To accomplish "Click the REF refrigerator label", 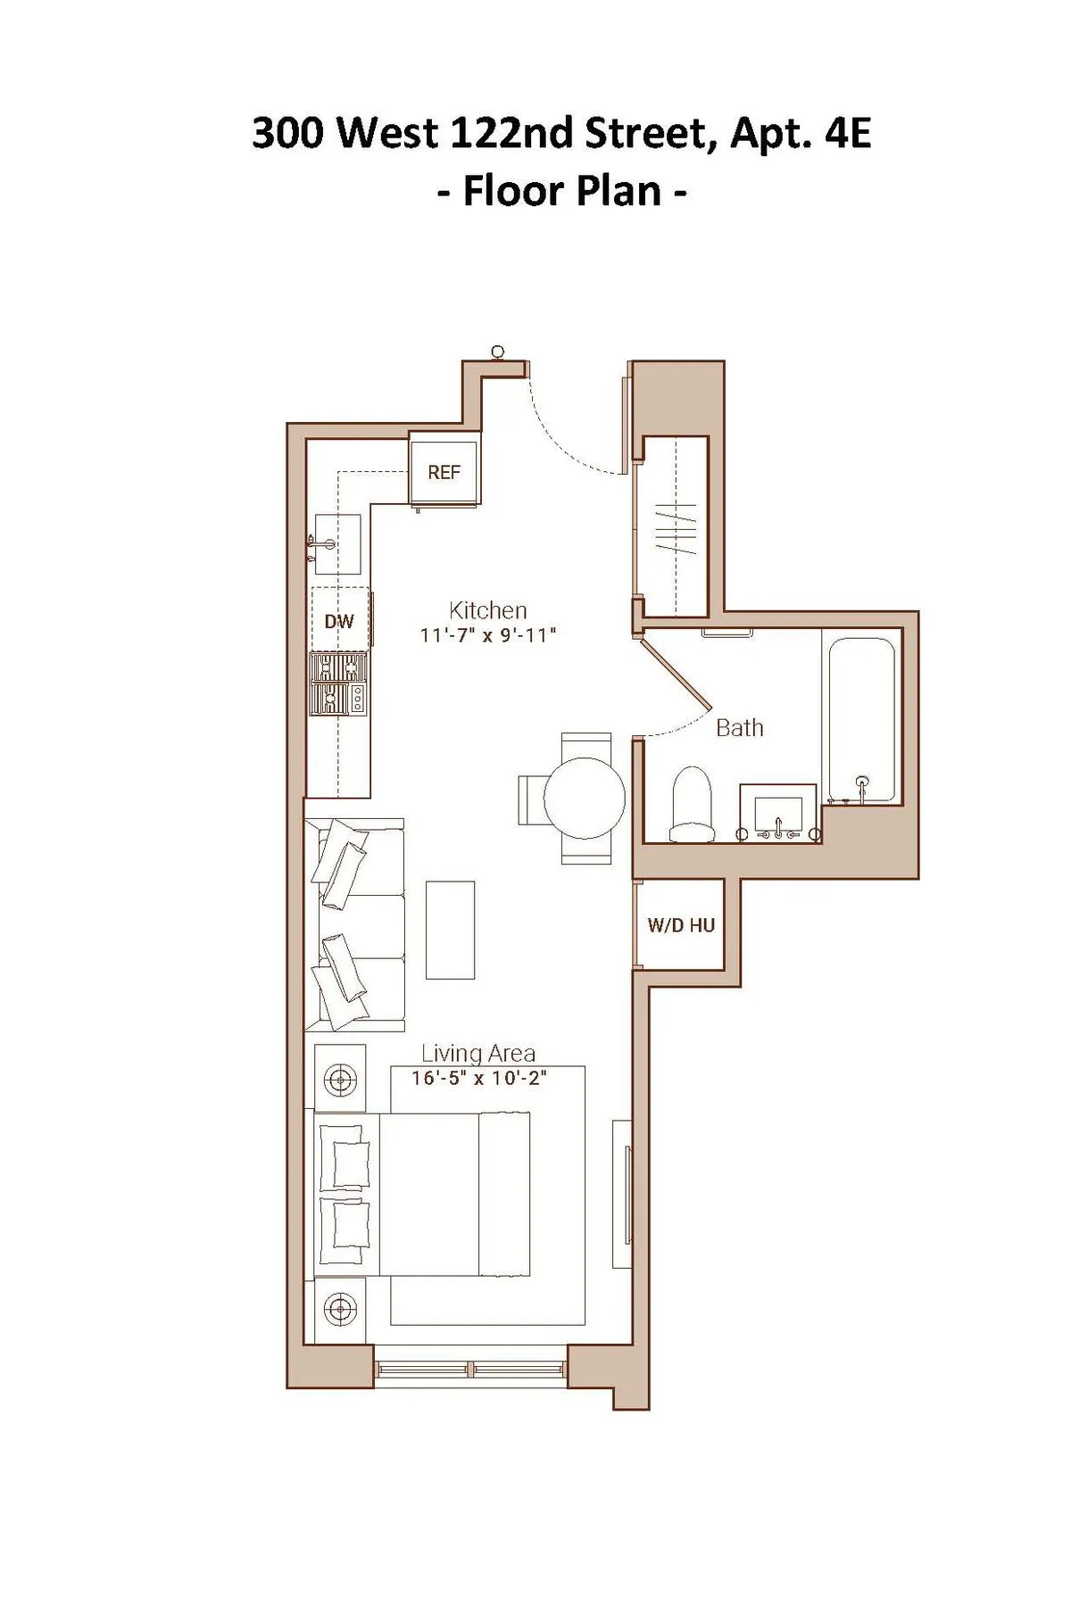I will tap(444, 472).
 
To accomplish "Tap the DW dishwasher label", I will tap(339, 622).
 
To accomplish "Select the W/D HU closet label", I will tap(681, 925).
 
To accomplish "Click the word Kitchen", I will tap(487, 610).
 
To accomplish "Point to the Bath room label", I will tap(740, 728).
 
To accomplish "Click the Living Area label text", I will tap(477, 1054).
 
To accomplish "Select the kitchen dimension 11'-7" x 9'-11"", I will tap(488, 635).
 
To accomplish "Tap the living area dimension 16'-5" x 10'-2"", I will tap(478, 1078).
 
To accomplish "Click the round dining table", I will tap(584, 798).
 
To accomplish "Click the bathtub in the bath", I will tap(861, 718).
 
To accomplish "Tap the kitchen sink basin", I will tap(338, 544).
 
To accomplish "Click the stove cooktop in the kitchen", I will tap(338, 683).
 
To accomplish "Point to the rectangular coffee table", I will tap(450, 930).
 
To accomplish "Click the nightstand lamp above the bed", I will tap(340, 1080).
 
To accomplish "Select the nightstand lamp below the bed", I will tap(340, 1309).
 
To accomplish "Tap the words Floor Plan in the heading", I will tap(562, 190).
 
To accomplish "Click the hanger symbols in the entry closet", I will tap(675, 530).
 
